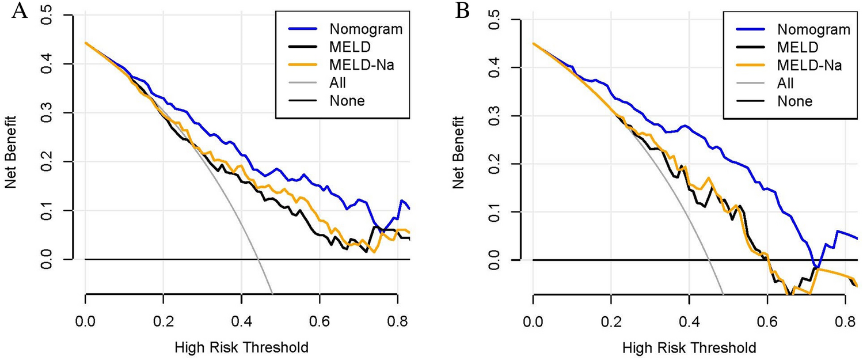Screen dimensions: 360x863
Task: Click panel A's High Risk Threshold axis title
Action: (x=241, y=347)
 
